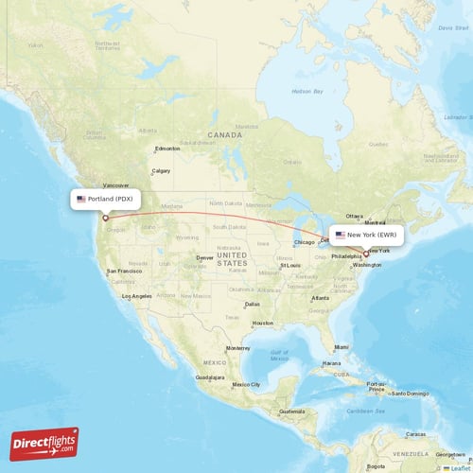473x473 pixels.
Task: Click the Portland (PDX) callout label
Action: [x=106, y=200]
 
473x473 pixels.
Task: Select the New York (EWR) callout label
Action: [x=367, y=235]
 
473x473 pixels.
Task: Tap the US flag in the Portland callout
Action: [x=81, y=200]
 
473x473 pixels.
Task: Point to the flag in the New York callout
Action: [x=340, y=235]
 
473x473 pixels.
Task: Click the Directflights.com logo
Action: [x=44, y=443]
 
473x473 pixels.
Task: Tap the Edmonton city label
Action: [x=167, y=149]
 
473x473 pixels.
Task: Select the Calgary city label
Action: [x=161, y=170]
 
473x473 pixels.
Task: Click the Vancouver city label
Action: [x=115, y=185]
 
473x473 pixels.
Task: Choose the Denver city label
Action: [x=205, y=257]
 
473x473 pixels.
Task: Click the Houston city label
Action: [x=263, y=323]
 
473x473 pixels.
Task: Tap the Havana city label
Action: [x=331, y=363]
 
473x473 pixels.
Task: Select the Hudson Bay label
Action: [x=307, y=91]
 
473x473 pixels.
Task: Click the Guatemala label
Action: [x=290, y=411]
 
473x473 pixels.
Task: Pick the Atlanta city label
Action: [x=320, y=298]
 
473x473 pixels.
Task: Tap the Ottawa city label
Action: [x=355, y=216]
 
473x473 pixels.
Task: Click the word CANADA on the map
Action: [x=226, y=134]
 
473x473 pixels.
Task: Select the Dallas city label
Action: [x=252, y=304]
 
